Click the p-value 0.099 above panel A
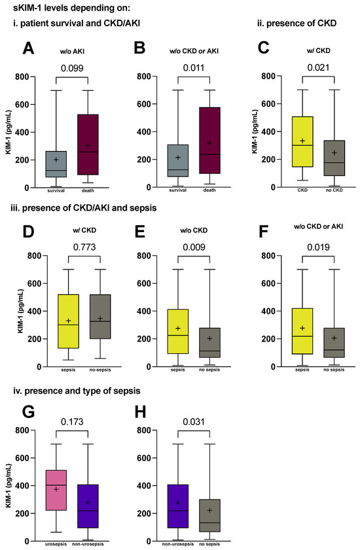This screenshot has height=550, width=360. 72,68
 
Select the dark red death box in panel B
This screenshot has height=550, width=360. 209,141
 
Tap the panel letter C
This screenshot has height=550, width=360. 263,48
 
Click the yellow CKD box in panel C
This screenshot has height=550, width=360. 302,142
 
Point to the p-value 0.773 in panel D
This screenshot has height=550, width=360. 84,247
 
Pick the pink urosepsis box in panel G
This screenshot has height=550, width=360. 56,490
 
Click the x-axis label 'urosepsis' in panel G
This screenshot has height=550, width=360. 56,544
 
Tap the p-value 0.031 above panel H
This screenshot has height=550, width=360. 194,422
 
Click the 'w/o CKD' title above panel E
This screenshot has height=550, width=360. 194,230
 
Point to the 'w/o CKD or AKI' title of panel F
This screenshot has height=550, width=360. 318,226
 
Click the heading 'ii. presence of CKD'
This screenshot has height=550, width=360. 297,24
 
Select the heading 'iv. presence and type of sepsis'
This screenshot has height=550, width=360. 77,390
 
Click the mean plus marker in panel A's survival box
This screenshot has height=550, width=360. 56,160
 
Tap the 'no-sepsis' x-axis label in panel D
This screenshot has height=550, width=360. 100,370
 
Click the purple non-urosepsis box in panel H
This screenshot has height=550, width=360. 178,506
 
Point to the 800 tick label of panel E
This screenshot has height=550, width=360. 144,256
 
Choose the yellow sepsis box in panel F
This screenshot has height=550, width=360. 302,331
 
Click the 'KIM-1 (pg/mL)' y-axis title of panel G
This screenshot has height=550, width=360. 9,486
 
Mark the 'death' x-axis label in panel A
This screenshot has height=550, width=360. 88,190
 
